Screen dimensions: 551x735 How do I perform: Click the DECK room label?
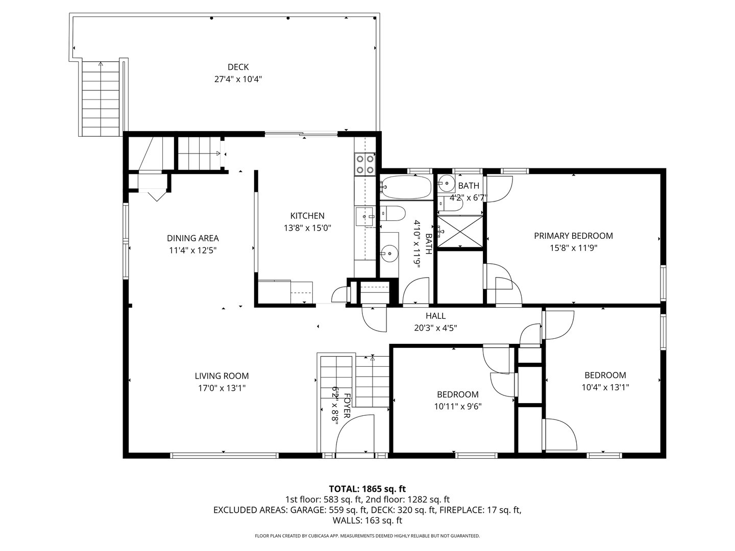pos(238,67)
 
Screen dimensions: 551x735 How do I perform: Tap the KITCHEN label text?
pos(307,216)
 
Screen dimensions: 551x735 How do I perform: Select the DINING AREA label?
pos(193,238)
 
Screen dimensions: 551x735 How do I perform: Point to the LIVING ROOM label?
pos(222,376)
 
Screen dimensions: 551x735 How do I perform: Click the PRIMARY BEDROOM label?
pos(573,236)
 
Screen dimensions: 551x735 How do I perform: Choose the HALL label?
pos(435,316)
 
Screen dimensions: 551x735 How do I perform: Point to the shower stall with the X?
pos(460,232)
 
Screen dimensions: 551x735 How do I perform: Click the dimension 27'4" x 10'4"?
pos(238,79)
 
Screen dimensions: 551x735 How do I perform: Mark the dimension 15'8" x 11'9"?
pos(573,248)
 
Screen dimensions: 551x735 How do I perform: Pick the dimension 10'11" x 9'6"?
pos(457,407)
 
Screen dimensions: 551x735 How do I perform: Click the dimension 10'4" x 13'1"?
pos(605,387)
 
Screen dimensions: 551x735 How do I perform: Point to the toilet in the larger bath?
pos(394,213)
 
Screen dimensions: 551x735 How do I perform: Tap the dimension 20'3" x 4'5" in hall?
pos(435,328)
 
